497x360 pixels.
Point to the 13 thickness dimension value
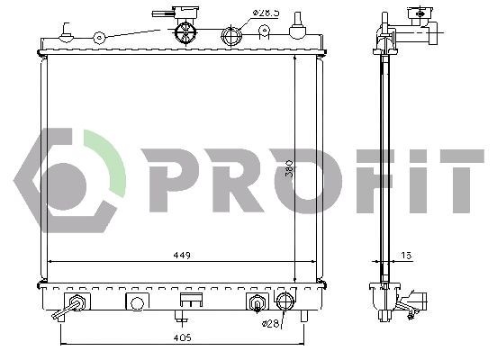(407, 255)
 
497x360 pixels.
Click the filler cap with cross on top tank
(185, 32)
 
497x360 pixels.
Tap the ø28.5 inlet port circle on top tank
(231, 37)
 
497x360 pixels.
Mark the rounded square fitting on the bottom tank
(136, 301)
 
